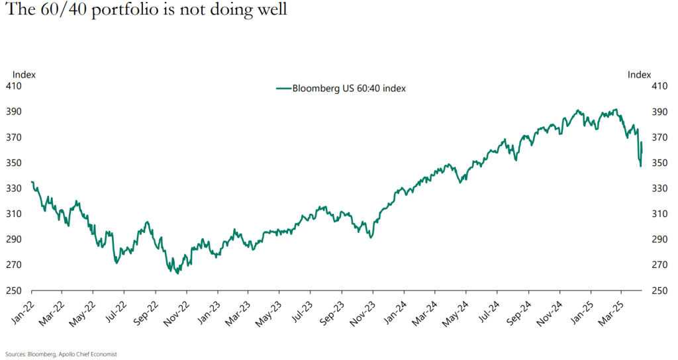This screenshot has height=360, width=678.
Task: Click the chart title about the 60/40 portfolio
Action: tap(144, 11)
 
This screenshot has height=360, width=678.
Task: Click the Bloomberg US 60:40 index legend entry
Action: tap(340, 89)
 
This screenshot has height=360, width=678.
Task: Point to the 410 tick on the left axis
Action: tap(15, 86)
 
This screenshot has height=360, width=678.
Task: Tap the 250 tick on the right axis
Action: tap(659, 291)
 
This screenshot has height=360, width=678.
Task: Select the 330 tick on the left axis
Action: tap(15, 189)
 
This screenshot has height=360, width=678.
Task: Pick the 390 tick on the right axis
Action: tap(659, 112)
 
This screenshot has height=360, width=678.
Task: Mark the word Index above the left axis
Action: tap(24, 75)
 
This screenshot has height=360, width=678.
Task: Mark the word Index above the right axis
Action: tap(640, 75)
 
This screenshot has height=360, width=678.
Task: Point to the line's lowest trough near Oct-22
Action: tap(177, 273)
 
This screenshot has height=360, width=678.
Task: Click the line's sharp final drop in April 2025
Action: tap(640, 165)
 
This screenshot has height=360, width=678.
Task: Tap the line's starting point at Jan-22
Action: tap(32, 182)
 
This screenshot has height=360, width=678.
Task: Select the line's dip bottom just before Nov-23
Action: tap(370, 237)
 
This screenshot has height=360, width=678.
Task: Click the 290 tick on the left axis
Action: tap(15, 240)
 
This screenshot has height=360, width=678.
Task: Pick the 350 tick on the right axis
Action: tap(659, 163)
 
